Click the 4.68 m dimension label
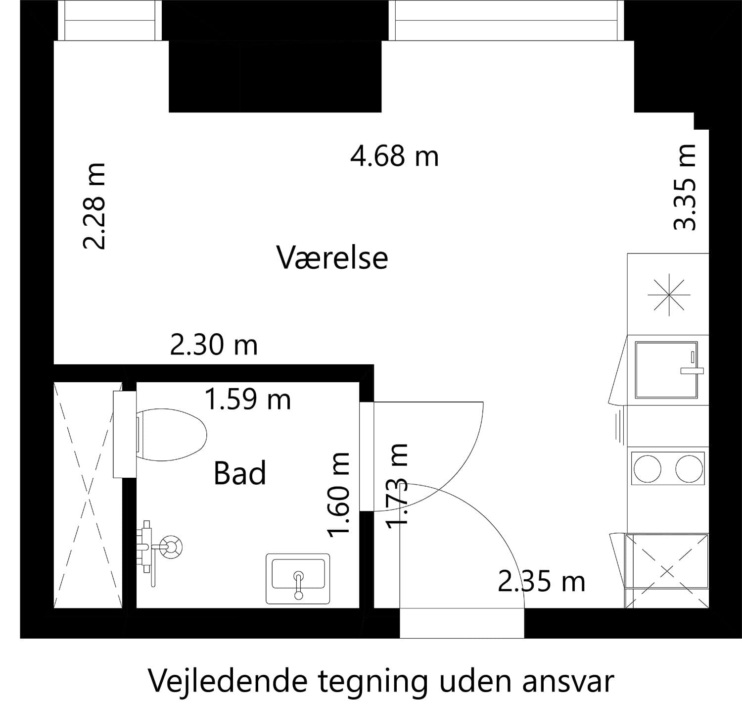click(x=394, y=156)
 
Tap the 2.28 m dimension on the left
click(x=94, y=206)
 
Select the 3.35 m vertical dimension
click(x=686, y=187)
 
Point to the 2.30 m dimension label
click(x=214, y=345)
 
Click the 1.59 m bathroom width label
click(x=247, y=400)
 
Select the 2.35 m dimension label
click(x=541, y=582)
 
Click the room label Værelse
click(x=332, y=258)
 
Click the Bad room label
click(x=240, y=473)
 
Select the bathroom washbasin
click(x=298, y=579)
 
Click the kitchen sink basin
click(x=666, y=370)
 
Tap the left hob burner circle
click(x=648, y=469)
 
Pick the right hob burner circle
click(x=690, y=469)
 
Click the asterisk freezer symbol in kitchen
click(x=669, y=295)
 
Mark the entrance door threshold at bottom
click(x=462, y=623)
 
